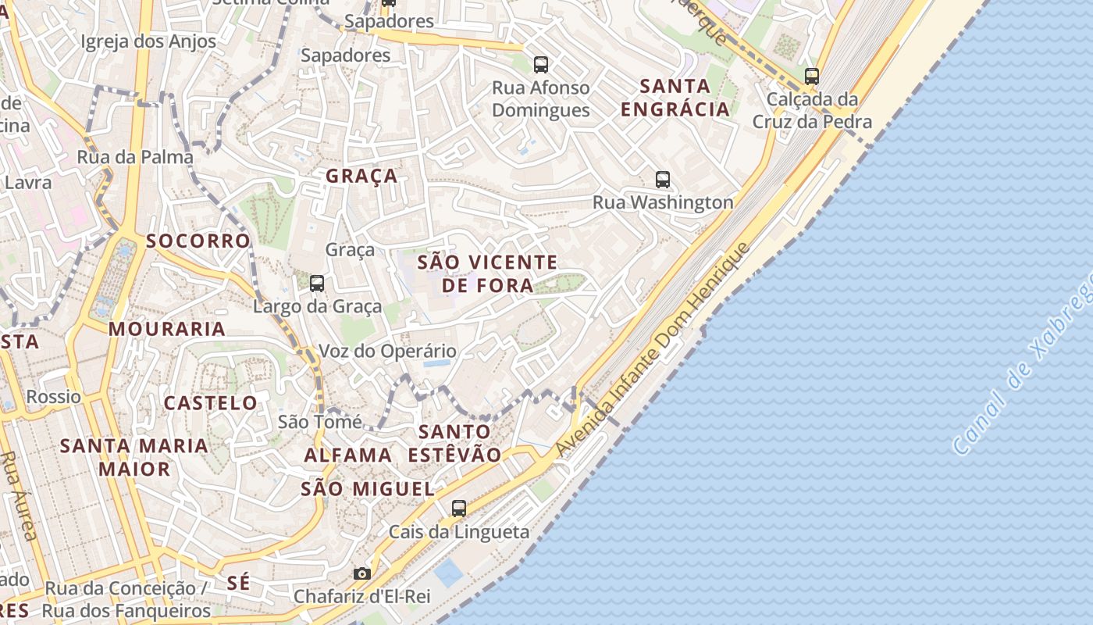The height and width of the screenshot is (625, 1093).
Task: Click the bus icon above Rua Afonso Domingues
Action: point(540,64)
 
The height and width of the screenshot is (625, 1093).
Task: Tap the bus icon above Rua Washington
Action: point(663,180)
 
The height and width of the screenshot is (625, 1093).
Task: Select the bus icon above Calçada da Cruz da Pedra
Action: point(812,76)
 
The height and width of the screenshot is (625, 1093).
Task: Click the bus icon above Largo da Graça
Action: point(317,283)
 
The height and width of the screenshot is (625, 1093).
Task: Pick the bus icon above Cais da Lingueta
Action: point(459,509)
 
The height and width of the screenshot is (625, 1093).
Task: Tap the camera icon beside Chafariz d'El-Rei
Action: point(361,573)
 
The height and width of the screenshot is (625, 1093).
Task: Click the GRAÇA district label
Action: point(361,177)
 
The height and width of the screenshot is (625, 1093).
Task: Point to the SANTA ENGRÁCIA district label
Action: point(675,98)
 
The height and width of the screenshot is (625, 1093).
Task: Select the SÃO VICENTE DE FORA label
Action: point(488,273)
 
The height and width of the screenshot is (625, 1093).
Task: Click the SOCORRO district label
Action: point(198,241)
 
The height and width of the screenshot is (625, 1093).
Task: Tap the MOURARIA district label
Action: point(167,329)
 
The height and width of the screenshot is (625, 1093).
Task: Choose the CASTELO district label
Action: point(210,403)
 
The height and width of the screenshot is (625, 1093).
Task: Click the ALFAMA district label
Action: point(348,455)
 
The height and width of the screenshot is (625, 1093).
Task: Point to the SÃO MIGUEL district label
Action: point(368,489)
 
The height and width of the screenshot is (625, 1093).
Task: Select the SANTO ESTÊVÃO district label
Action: point(455,443)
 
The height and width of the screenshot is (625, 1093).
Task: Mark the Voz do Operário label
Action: point(387,352)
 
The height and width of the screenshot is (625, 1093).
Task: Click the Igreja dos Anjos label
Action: point(137,41)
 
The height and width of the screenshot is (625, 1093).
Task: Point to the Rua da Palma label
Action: point(135,157)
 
